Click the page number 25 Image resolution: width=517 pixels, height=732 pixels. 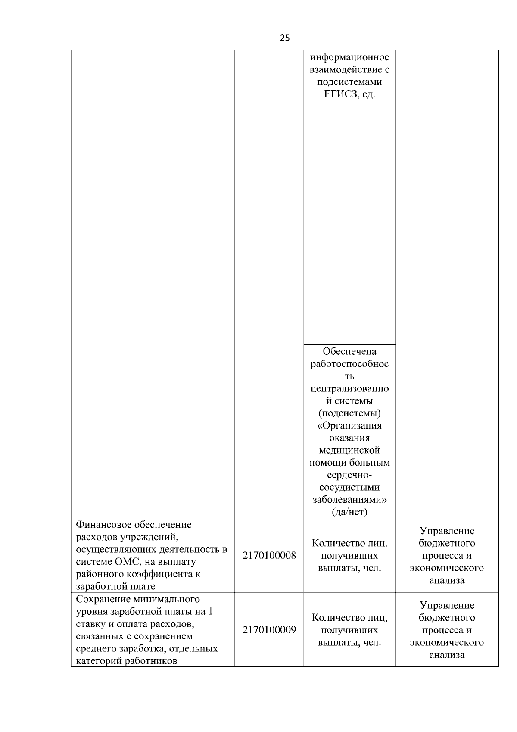point(285,38)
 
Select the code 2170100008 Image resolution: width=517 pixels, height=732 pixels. point(269,555)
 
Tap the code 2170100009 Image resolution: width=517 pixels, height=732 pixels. point(269,630)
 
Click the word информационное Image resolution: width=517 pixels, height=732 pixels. point(349,57)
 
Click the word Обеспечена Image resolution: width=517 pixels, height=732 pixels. point(349,352)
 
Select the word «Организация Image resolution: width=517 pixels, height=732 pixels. point(349,425)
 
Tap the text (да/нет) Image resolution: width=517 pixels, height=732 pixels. point(349,512)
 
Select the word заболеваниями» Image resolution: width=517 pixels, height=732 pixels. point(349,500)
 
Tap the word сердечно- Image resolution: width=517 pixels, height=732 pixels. point(349,475)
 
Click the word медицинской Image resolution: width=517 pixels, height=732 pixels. point(349,450)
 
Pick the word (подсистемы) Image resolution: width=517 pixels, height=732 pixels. point(349,413)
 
